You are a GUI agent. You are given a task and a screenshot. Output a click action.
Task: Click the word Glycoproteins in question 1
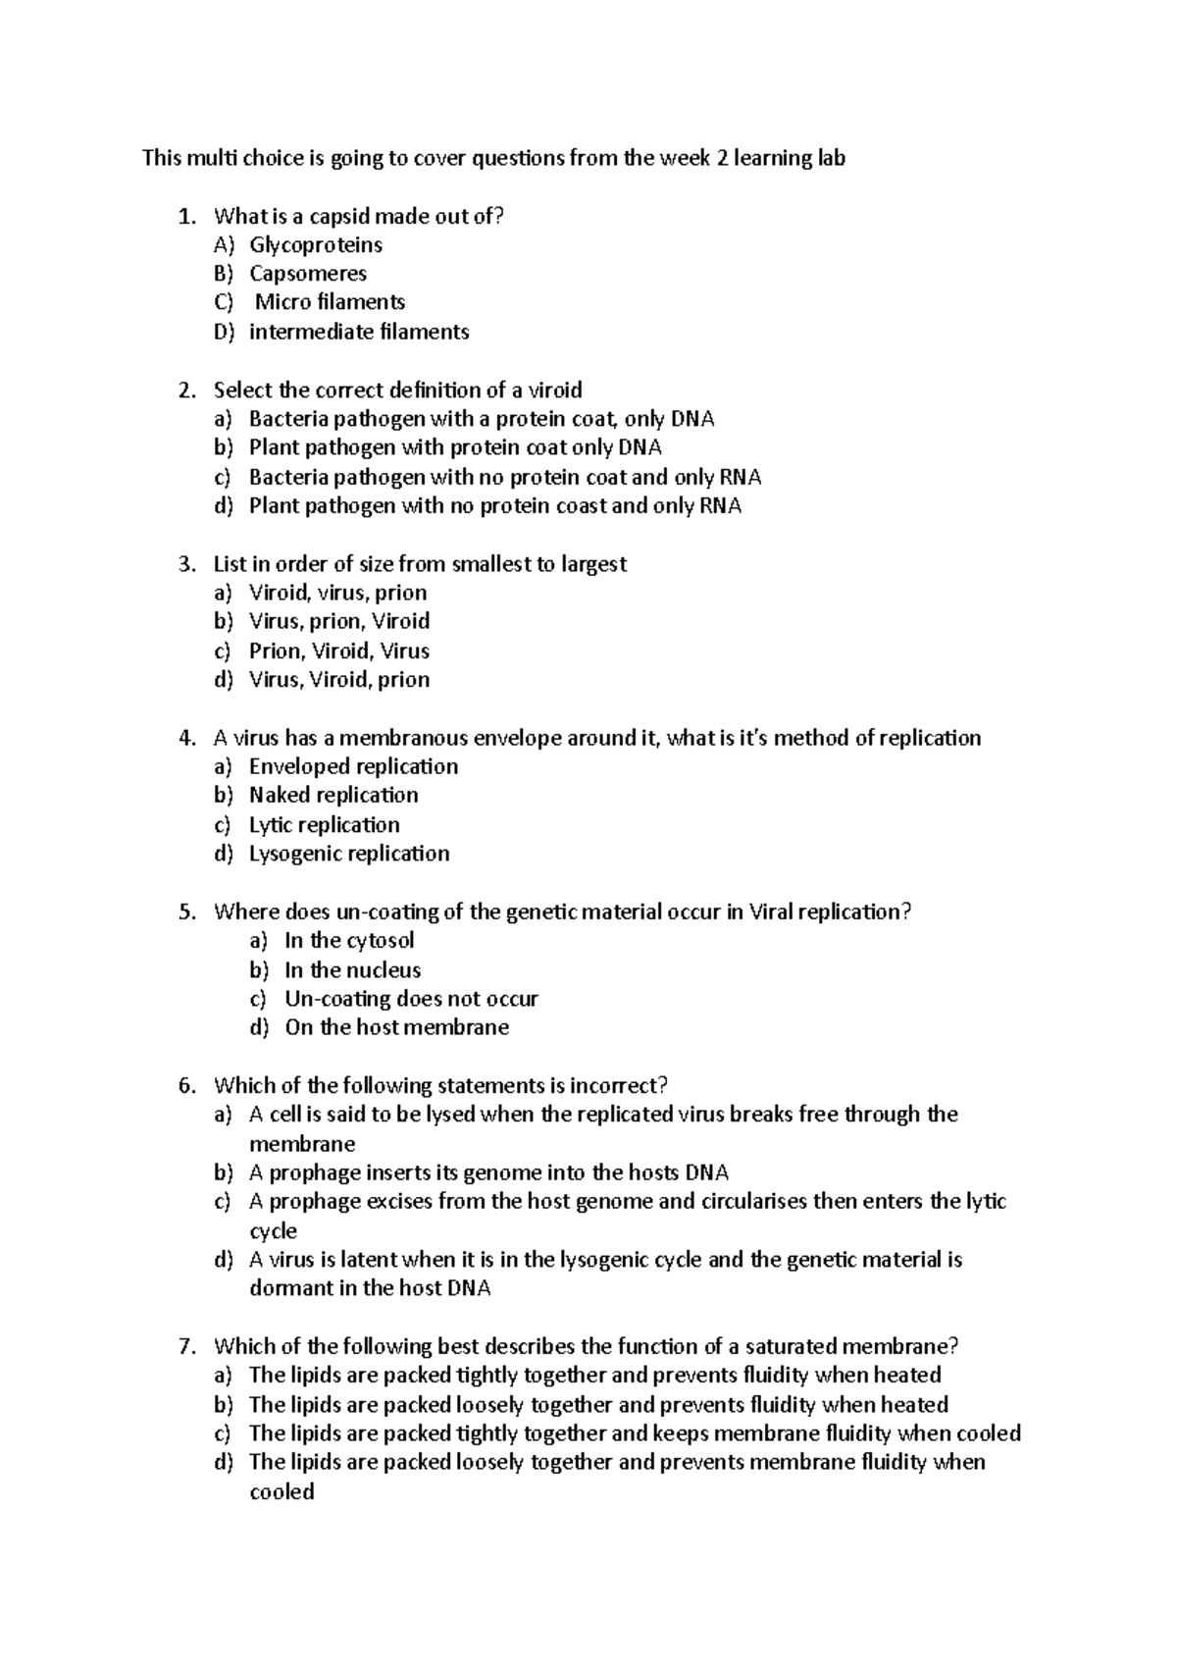(315, 245)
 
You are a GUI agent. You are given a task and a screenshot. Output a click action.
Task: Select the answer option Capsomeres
(307, 274)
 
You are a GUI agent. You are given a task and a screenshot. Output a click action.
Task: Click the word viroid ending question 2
(555, 390)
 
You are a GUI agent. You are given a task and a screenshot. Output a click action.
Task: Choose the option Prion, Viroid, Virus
(338, 651)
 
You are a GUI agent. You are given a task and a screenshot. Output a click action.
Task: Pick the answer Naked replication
(333, 796)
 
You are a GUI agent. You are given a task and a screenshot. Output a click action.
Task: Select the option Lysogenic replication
(349, 854)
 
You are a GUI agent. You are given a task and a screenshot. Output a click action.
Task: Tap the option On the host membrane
(396, 1028)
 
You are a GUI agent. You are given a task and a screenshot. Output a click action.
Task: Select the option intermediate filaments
(359, 333)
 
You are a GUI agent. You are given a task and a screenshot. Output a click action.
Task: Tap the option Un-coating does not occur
(411, 999)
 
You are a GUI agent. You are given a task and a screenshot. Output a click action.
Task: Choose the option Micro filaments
(330, 302)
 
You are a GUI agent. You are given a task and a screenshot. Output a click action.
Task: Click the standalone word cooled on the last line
(281, 1492)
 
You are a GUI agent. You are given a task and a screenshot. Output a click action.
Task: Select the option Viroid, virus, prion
(337, 593)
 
